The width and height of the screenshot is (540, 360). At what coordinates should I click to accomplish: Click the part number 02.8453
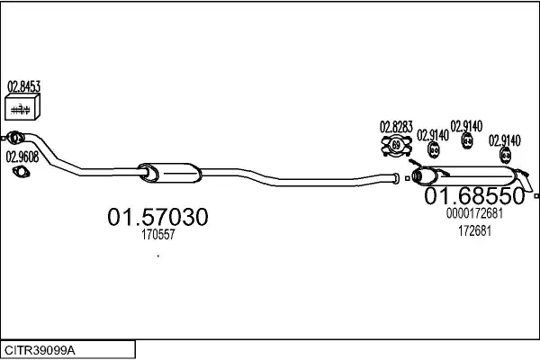(23, 86)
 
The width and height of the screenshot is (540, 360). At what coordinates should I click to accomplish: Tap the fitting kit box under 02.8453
(22, 107)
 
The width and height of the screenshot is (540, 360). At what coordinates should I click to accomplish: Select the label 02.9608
(22, 157)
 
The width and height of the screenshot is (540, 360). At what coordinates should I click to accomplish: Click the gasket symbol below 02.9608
(21, 172)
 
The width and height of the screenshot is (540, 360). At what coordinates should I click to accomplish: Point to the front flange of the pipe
(14, 138)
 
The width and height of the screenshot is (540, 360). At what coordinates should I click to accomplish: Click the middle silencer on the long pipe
(170, 173)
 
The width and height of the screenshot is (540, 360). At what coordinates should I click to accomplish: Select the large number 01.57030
(157, 217)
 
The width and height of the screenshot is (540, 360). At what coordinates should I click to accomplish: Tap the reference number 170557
(158, 235)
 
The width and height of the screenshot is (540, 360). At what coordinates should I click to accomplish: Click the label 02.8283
(396, 127)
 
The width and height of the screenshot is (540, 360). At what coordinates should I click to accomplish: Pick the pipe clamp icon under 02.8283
(396, 146)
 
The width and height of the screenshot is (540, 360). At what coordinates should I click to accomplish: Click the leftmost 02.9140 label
(433, 135)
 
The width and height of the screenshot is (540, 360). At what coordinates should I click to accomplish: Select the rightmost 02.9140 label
(505, 140)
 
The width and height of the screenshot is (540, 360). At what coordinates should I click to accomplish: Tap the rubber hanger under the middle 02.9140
(467, 140)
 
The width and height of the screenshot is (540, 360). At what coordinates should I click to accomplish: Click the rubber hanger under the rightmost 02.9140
(505, 155)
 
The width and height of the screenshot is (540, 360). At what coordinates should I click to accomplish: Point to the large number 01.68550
(474, 195)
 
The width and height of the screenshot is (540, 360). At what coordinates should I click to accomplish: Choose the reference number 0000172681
(474, 213)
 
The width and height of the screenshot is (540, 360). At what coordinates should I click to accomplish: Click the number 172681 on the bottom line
(474, 230)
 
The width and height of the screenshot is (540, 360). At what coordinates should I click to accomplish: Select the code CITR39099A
(40, 351)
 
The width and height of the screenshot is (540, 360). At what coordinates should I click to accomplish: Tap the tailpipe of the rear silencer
(525, 180)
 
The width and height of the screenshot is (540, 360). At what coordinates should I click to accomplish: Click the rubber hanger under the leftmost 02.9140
(434, 150)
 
